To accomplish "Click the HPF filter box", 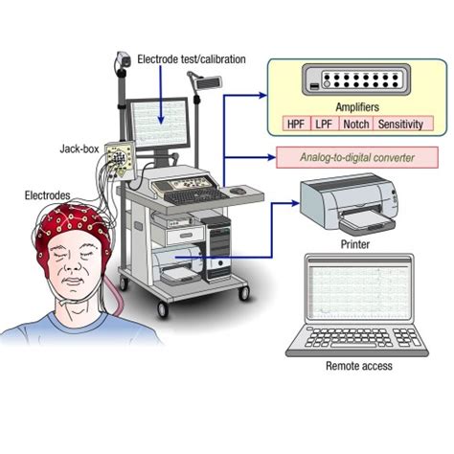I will [x=294, y=125].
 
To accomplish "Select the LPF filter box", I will [x=324, y=125].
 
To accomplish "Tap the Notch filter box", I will [x=355, y=125].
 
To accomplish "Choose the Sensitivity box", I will [x=400, y=125].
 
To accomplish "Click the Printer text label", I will [x=353, y=245].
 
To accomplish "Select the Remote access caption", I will [x=359, y=366].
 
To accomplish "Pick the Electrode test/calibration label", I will [x=193, y=59].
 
